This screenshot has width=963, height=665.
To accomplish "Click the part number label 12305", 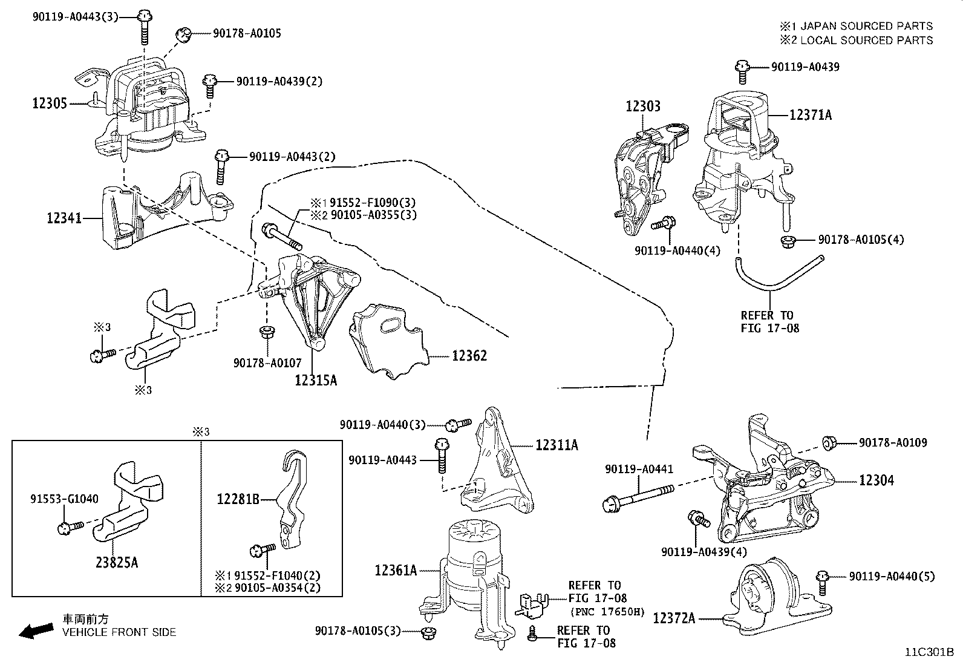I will [x=50, y=103].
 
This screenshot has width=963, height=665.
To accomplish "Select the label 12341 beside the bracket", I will [x=64, y=218].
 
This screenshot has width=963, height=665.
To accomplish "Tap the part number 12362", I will [x=469, y=356].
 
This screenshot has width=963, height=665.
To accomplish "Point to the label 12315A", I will [x=315, y=380].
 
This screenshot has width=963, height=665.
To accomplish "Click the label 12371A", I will [x=810, y=114].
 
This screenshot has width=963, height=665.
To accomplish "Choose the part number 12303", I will [x=642, y=106].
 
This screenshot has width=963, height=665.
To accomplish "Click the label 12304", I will [x=876, y=480].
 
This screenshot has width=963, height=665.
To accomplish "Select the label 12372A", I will [x=674, y=618].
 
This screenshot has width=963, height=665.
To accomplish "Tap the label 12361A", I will [x=396, y=570].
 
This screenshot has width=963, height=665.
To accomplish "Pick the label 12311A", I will [x=557, y=445].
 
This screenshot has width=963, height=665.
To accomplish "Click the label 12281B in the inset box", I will [x=238, y=499].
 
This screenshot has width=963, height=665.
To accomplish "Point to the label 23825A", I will [x=117, y=563].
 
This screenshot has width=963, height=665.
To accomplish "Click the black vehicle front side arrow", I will [x=35, y=631].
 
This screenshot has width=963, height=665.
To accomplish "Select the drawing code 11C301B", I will [x=929, y=652].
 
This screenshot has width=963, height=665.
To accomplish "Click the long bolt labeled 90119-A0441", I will [x=635, y=499].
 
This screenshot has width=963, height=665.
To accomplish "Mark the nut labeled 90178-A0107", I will [x=265, y=332].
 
